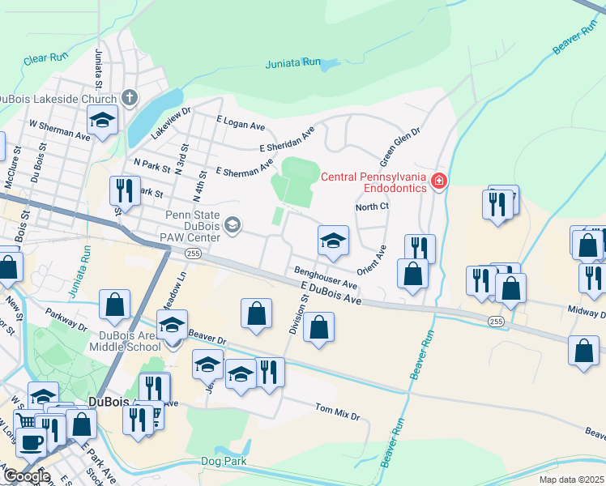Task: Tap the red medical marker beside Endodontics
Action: tap(438, 180)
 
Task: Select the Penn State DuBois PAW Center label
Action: tap(193, 226)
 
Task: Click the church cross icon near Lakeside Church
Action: tap(129, 99)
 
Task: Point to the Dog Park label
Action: tap(222, 461)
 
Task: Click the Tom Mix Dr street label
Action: tap(336, 411)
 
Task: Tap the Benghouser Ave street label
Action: tap(326, 279)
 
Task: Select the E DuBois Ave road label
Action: tap(331, 294)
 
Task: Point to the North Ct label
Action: tap(373, 207)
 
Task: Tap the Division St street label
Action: tap(299, 314)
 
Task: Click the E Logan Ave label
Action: tap(241, 122)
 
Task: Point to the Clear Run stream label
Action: tap(45, 58)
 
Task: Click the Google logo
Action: tap(26, 476)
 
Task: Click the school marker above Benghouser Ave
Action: tap(332, 241)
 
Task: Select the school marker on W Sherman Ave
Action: tap(103, 122)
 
